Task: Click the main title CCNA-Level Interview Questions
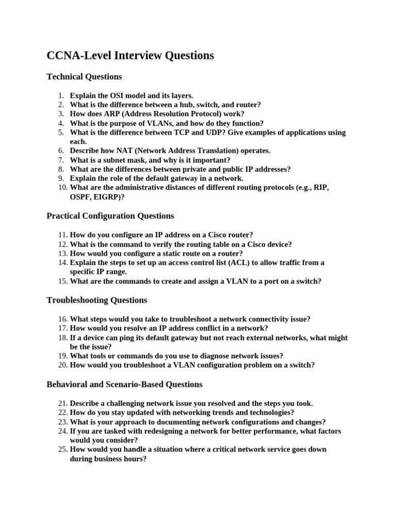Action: (x=130, y=56)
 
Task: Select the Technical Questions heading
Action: (x=84, y=77)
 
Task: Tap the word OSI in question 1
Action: (x=121, y=95)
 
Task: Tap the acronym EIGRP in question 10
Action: (x=106, y=197)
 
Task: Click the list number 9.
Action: (x=60, y=178)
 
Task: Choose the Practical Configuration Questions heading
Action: (x=110, y=216)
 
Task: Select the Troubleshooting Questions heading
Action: (x=97, y=300)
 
